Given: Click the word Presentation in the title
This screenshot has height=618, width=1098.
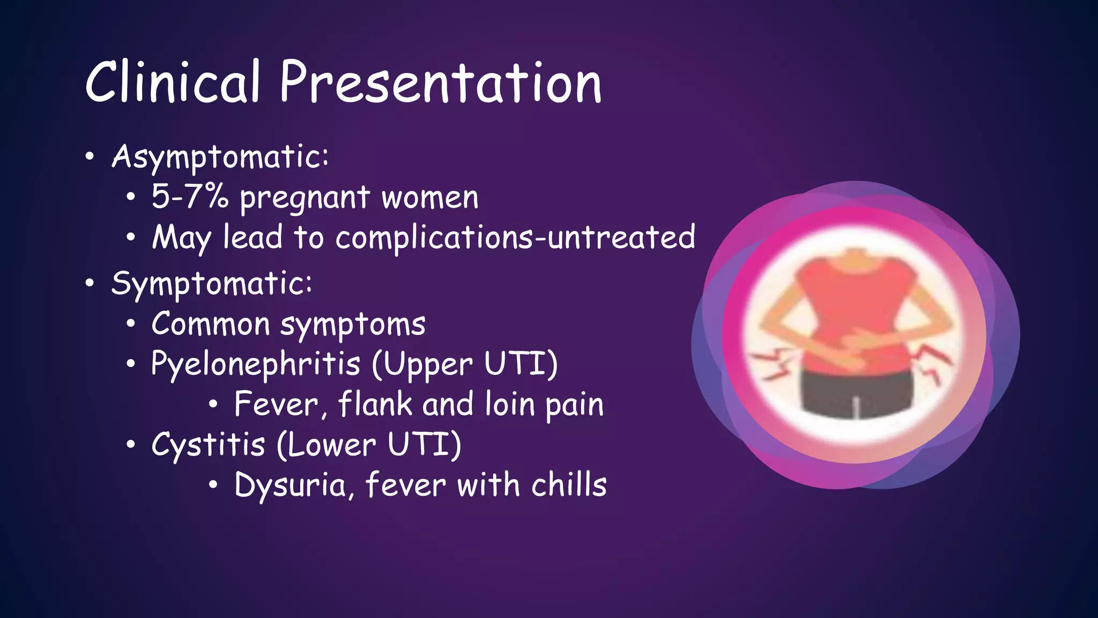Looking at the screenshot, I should tap(441, 83).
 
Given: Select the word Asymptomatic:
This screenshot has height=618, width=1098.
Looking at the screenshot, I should tap(220, 157).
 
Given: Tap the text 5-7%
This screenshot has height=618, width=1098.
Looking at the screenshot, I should tap(190, 196).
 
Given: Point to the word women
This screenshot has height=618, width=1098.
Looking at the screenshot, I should tap(430, 197).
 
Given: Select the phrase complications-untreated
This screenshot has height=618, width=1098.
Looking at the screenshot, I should tap(515, 238).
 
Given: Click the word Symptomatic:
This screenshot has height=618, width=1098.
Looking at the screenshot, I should tap(211, 284).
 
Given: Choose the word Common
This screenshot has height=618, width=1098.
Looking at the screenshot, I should tap(210, 325).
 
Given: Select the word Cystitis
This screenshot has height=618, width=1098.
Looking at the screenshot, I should tap(208, 445).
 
